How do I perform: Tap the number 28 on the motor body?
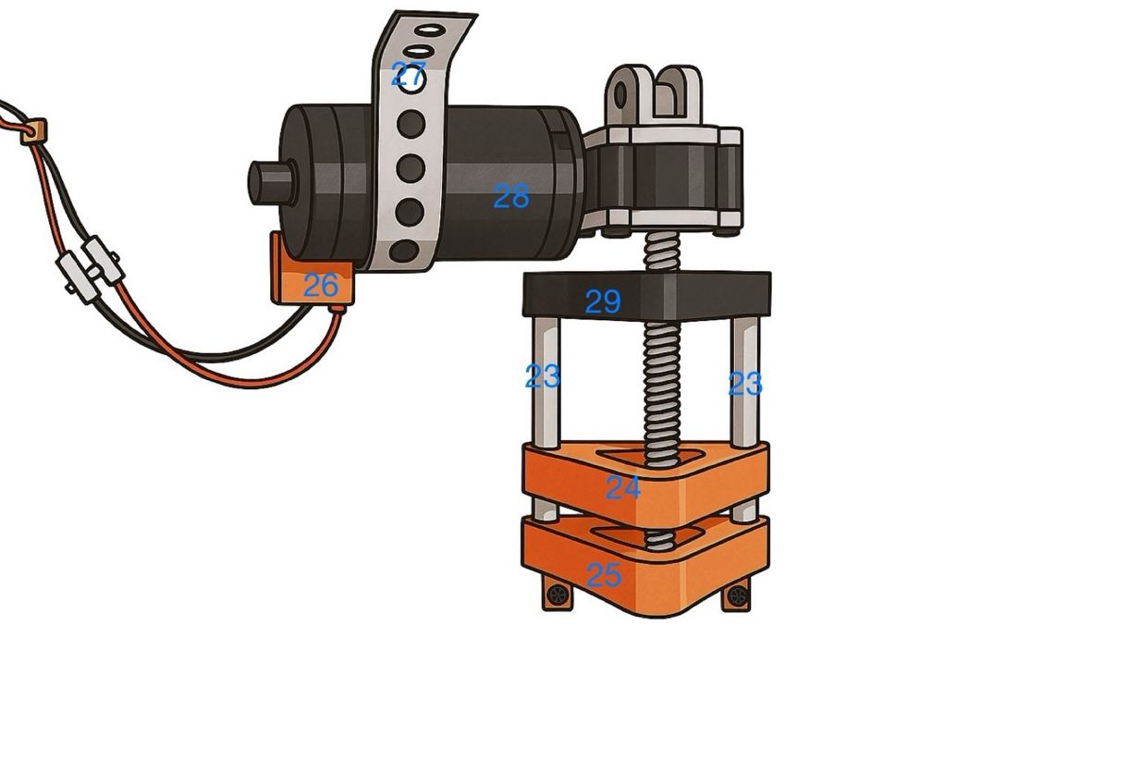pos(511,196)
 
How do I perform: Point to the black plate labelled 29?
pos(602,301)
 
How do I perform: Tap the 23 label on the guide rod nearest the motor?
pos(543,376)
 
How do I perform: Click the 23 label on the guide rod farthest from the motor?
pos(744,384)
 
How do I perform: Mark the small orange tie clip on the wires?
pos(34,131)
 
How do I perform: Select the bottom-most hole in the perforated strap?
pos(404,250)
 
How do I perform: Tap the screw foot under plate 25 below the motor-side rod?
pos(557,595)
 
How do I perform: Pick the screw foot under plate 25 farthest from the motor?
pos(737,595)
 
